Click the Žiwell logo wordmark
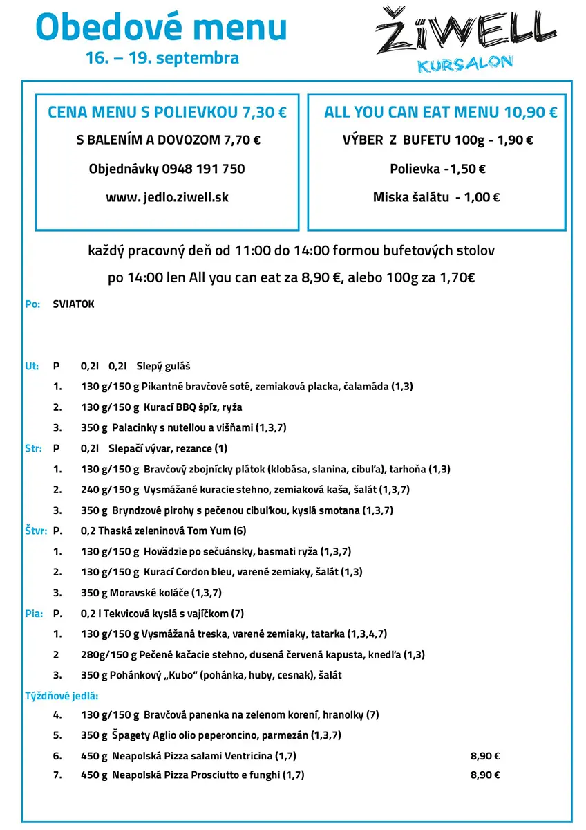point(466,31)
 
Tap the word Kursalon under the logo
point(465,64)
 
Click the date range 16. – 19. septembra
point(162,58)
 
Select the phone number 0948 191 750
point(203,169)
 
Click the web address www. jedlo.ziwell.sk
point(167,197)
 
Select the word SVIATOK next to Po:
point(73,304)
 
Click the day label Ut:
point(32,367)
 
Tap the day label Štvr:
point(35,531)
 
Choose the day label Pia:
point(33,614)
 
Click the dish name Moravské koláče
point(149,593)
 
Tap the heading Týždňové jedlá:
point(62,695)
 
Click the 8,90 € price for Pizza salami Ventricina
point(485,756)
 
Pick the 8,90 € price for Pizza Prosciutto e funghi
point(485,775)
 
